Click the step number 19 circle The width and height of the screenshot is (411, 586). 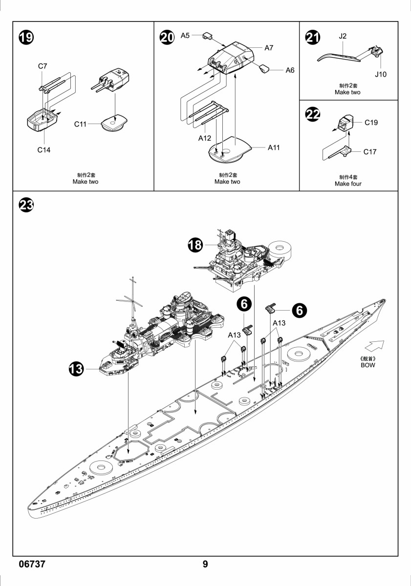[26, 38]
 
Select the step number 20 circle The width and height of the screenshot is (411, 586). [167, 38]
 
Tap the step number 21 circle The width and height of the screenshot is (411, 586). [313, 38]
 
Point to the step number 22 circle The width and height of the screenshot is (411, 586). [313, 114]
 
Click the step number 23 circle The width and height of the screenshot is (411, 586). [26, 205]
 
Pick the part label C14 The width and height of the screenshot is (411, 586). [43, 150]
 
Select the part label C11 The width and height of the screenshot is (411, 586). [80, 124]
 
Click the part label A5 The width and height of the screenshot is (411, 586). [185, 35]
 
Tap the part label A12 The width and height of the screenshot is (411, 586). [204, 138]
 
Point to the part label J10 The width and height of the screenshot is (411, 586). [380, 74]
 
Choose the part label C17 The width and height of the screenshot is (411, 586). [369, 152]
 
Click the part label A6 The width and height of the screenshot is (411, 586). [290, 70]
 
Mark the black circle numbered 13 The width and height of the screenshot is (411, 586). [76, 369]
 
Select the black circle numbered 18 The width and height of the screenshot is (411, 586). [195, 245]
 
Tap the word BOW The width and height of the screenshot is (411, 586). [368, 365]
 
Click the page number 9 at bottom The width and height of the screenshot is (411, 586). [205, 564]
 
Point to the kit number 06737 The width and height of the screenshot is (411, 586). [32, 564]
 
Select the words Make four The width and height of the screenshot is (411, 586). [348, 184]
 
